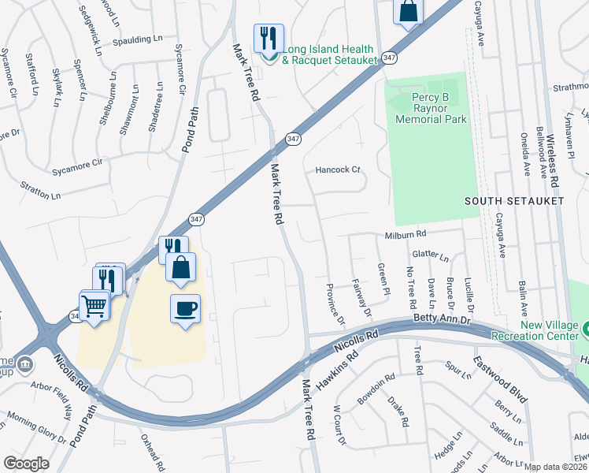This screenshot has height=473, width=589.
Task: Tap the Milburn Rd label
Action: coord(405,235)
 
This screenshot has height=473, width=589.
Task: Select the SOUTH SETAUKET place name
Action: coord(513,202)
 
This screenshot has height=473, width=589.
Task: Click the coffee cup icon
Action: coord(185,309)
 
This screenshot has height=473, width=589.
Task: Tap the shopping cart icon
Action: coord(94,304)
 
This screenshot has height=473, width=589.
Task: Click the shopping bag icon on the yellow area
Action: coord(181,267)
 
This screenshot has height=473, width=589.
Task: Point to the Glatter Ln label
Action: coord(430,257)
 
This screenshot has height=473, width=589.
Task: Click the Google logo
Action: coord(26,463)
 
